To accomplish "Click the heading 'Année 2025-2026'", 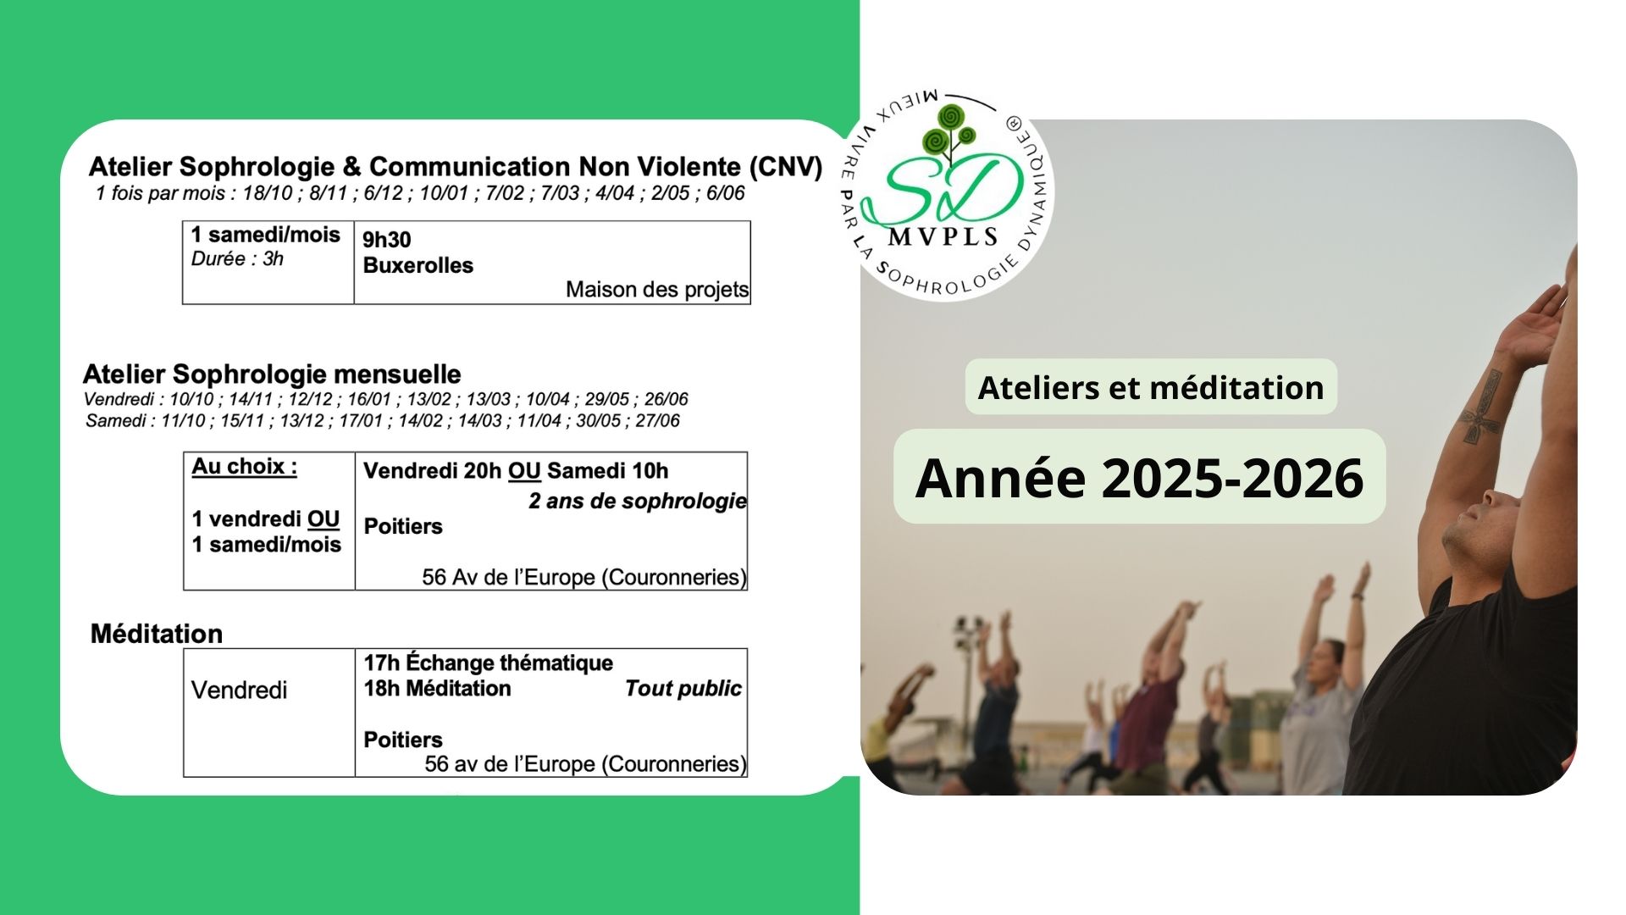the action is [x=1139, y=477].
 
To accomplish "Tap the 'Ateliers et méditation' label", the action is [x=1150, y=387].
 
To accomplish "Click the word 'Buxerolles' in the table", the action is [x=418, y=265].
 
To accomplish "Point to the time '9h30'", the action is [x=386, y=239].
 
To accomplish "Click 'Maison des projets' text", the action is [x=657, y=290].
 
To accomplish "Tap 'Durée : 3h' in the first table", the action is [x=237, y=258].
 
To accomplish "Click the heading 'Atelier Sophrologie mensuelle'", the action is [x=272, y=374].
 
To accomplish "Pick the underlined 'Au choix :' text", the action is [x=244, y=466].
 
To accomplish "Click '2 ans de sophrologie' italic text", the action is [x=638, y=501].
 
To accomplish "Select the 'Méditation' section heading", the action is [x=157, y=634].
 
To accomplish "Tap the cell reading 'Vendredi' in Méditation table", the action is [x=239, y=690].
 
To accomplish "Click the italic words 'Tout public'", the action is [x=683, y=688].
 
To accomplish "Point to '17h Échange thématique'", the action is [x=488, y=663].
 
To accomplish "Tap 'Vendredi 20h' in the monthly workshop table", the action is [x=432, y=470].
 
